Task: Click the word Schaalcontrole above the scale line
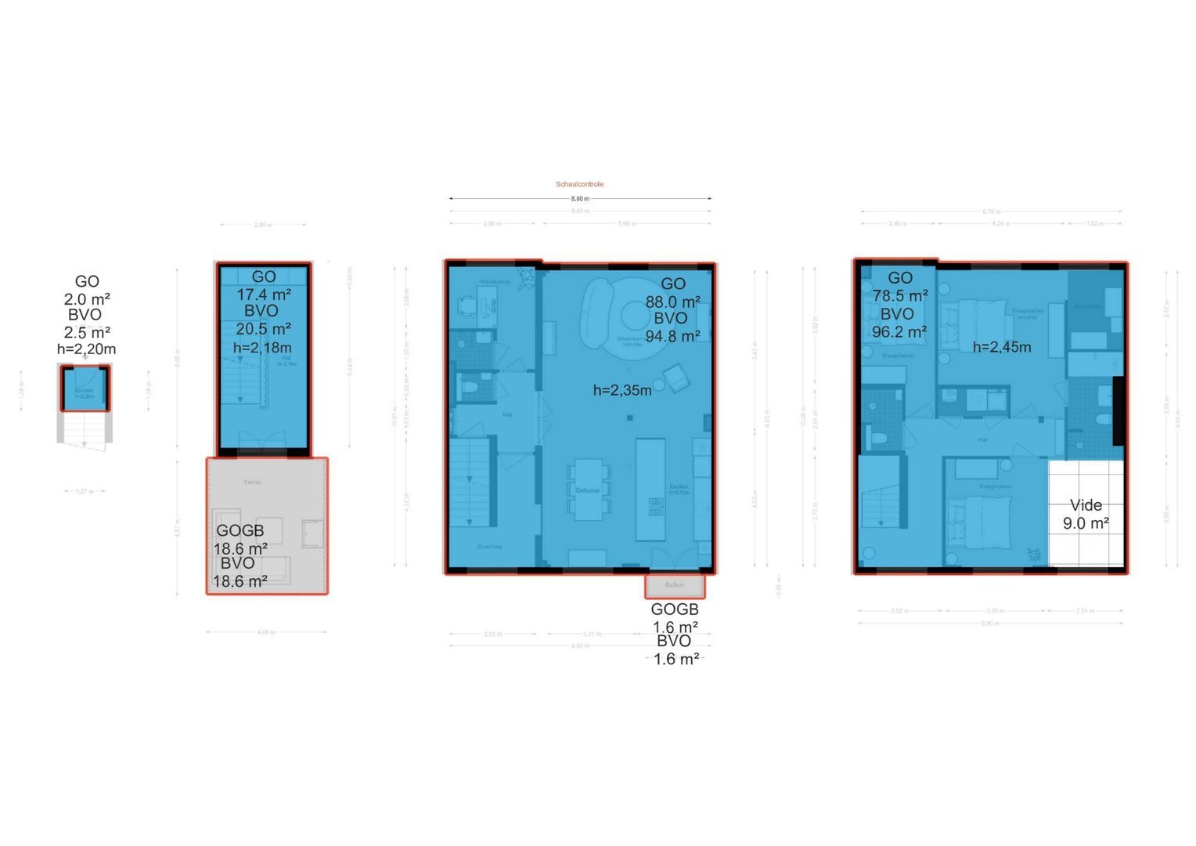(x=579, y=184)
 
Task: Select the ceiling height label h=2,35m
(x=621, y=390)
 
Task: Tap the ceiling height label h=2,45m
(x=1001, y=347)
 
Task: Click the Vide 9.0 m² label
(x=1085, y=515)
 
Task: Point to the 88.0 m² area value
(x=672, y=302)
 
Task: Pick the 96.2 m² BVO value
(x=899, y=332)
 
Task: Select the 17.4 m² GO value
(x=264, y=295)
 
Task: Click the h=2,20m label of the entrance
(x=86, y=349)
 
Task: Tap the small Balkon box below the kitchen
(x=675, y=585)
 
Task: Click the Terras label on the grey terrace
(x=253, y=483)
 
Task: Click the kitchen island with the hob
(x=650, y=490)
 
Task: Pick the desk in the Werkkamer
(x=487, y=303)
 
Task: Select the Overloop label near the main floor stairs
(x=490, y=547)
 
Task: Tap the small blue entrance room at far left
(x=85, y=389)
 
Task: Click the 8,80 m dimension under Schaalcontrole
(x=579, y=199)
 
